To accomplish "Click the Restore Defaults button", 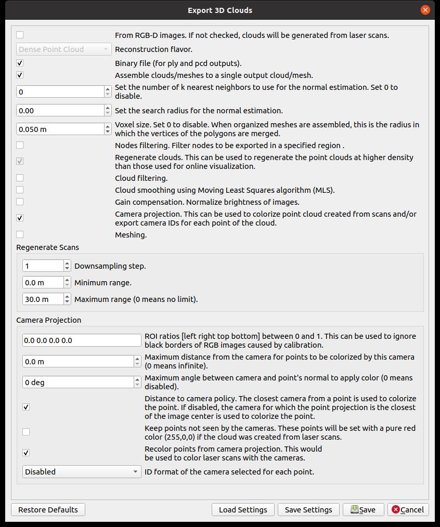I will coord(48,510).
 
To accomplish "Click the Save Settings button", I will coord(308,510).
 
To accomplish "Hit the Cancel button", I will coord(408,510).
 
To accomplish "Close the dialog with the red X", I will coord(425,10).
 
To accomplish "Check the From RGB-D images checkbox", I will coord(20,35).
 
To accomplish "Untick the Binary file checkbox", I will coord(20,63).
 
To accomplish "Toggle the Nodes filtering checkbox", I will coord(20,145).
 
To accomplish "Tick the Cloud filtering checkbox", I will coord(20,178).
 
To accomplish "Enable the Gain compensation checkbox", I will coord(20,202).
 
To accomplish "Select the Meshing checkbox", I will coord(20,234).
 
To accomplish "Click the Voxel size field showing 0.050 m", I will coord(60,129).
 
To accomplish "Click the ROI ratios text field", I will coord(82,340).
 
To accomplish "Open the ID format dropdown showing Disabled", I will coord(82,472).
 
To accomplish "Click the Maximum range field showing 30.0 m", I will coord(42,299).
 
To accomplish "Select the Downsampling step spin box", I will coord(42,266).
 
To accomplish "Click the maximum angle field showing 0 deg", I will coord(78,383).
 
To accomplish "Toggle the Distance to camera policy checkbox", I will coord(26,407).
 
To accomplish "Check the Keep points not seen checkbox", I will coord(26,432).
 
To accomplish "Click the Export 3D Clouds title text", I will coord(220,10).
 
